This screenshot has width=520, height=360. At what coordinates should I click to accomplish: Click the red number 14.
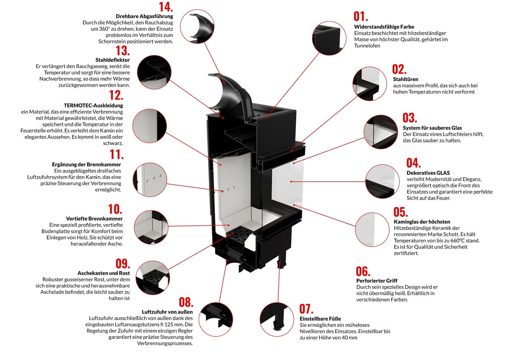point(166,7)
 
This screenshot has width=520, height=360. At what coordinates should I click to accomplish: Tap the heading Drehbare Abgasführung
point(144,16)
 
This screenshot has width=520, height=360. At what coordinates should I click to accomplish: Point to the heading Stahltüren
point(406,79)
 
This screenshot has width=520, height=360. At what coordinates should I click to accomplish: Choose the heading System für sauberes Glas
point(432,128)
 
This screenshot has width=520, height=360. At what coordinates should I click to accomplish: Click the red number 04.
point(414,163)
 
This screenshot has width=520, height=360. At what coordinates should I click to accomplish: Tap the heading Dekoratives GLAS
point(428,173)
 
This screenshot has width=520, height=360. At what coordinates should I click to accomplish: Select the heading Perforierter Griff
point(377,281)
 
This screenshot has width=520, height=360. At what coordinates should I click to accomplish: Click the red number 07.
point(306,309)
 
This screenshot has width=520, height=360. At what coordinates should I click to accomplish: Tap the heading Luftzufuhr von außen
point(167,312)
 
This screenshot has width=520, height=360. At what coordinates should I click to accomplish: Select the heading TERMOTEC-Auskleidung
point(93,106)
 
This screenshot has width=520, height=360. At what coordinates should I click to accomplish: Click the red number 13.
point(122,51)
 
